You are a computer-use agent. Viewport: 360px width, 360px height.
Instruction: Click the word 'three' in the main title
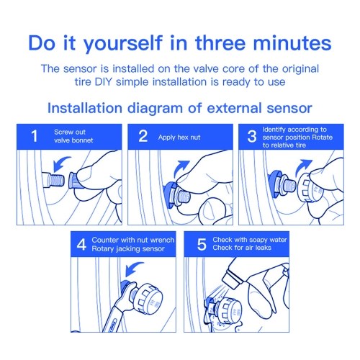pyautogui.click(x=220, y=43)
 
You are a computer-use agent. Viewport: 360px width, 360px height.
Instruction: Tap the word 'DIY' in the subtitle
pyautogui.click(x=104, y=81)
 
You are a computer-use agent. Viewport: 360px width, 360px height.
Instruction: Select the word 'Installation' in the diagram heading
pyautogui.click(x=85, y=108)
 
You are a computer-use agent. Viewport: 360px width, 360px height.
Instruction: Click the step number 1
pyautogui.click(x=35, y=136)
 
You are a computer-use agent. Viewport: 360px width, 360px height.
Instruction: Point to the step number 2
pyautogui.click(x=143, y=136)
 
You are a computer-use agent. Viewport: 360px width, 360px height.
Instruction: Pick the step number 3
pyautogui.click(x=252, y=136)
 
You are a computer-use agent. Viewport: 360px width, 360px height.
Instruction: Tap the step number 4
pyautogui.click(x=81, y=245)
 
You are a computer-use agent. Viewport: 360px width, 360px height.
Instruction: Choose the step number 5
pyautogui.click(x=202, y=245)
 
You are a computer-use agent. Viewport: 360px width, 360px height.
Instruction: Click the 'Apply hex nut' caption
pyautogui.click(x=179, y=138)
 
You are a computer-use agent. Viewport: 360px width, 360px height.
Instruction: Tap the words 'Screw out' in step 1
pyautogui.click(x=70, y=132)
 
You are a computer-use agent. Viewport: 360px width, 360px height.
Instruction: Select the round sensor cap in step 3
pyautogui.click(x=310, y=188)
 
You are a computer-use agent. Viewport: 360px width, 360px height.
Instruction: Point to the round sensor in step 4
pyautogui.click(x=146, y=298)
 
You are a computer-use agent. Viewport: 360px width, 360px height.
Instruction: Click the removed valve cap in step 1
pyautogui.click(x=75, y=180)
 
